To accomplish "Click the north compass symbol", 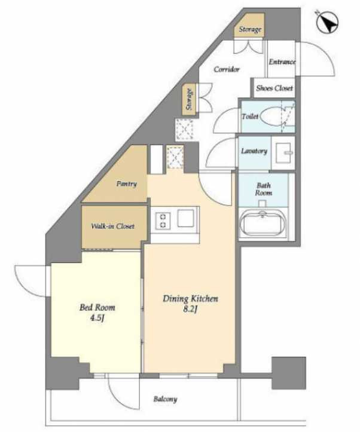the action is click(327, 22).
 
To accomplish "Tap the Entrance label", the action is click(282, 62).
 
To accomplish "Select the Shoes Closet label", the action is click(274, 88).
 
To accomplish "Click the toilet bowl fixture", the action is click(272, 117).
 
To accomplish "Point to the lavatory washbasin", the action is click(283, 153).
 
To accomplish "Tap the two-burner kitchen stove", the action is click(163, 221).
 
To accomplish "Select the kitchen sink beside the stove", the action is click(185, 218).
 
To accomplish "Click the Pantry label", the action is click(127, 184).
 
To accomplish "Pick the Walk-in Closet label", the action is click(113, 226).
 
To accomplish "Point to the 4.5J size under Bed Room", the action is click(97, 318).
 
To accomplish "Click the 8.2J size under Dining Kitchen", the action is click(190, 309).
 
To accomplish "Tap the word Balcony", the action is click(165, 399).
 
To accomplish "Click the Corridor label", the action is click(227, 69).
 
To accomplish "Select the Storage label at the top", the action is click(250, 29).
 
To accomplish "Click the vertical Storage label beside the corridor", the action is click(189, 99).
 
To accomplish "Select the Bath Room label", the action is click(264, 189).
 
